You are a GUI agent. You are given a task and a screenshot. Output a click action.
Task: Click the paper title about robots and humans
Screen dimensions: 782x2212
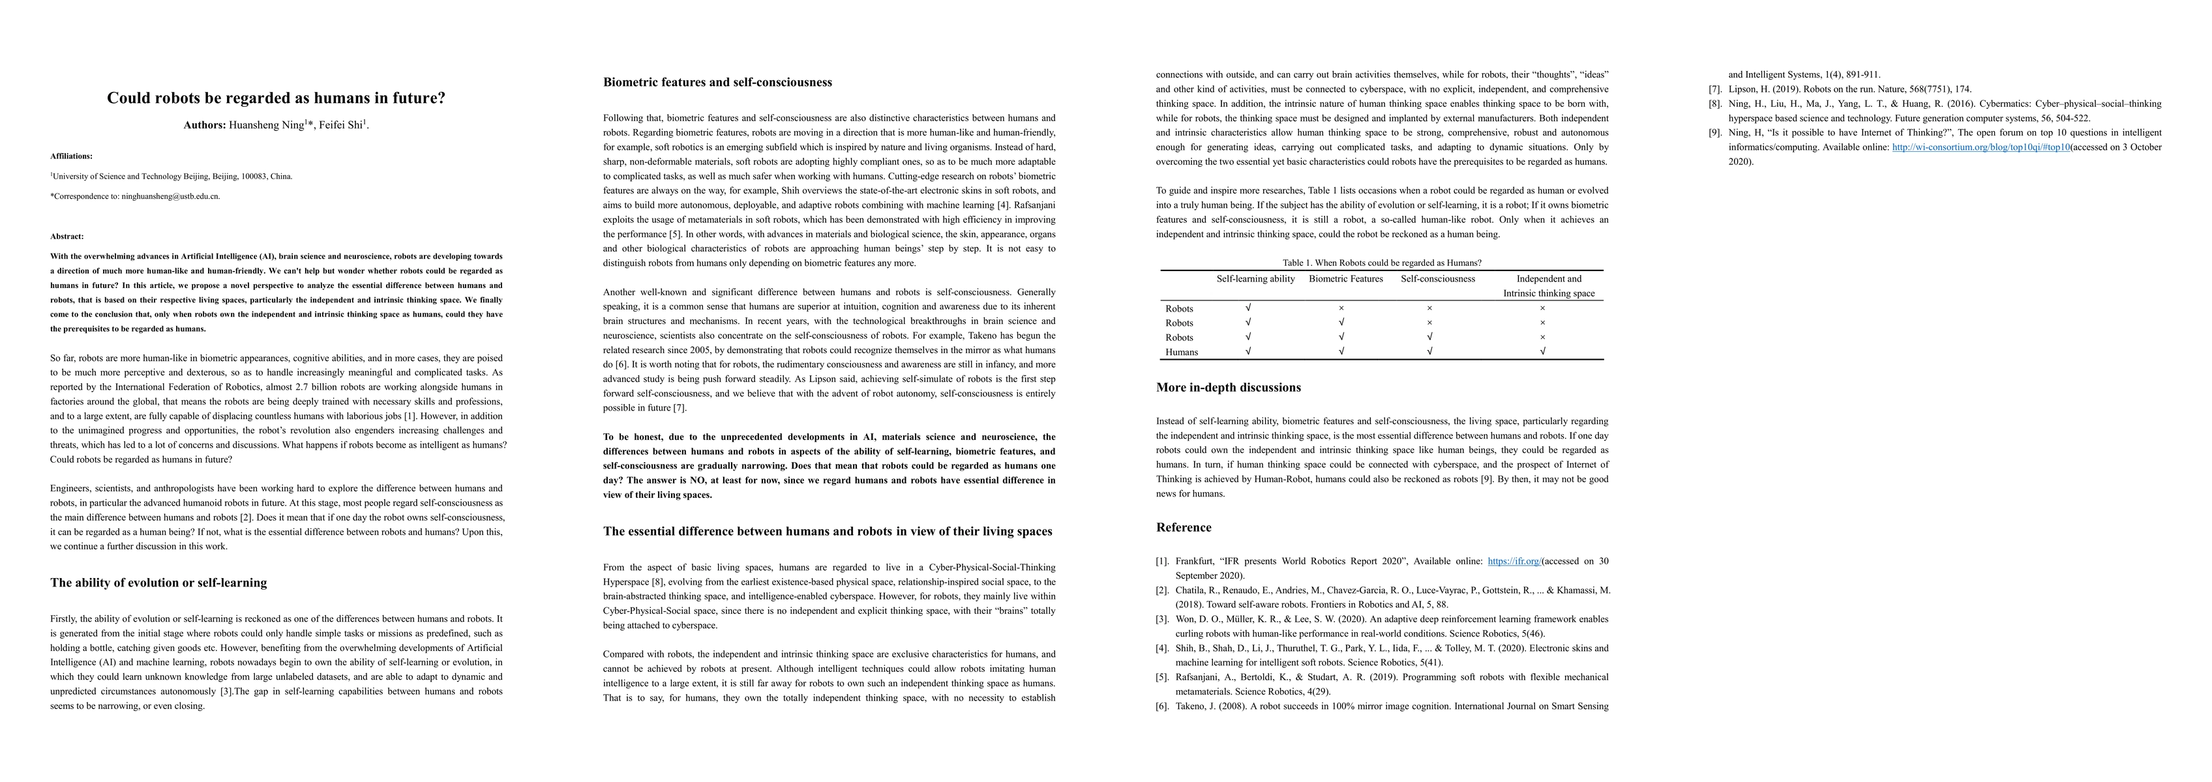pos(276,98)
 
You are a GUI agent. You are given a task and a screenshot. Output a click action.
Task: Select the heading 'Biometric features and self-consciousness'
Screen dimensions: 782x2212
pos(717,82)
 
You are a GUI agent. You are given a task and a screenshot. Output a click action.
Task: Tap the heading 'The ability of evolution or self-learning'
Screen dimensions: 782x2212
pos(159,583)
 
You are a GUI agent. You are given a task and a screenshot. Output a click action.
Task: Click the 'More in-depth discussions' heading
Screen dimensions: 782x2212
pos(1228,387)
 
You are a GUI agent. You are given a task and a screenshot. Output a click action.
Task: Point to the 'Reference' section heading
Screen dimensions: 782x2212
pos(1184,527)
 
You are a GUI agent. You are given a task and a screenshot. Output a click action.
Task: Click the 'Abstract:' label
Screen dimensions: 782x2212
pos(67,236)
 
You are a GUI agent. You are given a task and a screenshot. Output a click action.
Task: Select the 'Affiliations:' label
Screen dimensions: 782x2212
pos(71,156)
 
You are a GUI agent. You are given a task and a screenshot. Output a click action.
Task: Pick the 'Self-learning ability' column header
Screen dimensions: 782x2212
pos(1255,279)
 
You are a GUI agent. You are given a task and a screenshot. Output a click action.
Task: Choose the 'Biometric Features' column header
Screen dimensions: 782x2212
pos(1345,279)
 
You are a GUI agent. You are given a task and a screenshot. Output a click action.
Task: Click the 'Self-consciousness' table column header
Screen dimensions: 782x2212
pos(1437,279)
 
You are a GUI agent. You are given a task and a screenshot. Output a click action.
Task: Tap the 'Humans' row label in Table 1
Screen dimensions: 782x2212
pos(1182,352)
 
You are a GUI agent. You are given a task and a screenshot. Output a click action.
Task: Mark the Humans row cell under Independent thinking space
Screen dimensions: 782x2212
pos(1542,352)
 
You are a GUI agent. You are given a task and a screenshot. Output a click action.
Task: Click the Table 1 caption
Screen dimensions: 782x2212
pos(1382,263)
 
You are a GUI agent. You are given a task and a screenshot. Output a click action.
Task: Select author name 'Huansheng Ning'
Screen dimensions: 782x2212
pos(266,125)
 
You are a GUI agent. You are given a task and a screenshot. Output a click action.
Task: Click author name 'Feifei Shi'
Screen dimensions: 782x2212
pos(341,125)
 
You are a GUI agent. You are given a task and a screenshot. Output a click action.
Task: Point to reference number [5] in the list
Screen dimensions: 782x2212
pos(1162,677)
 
